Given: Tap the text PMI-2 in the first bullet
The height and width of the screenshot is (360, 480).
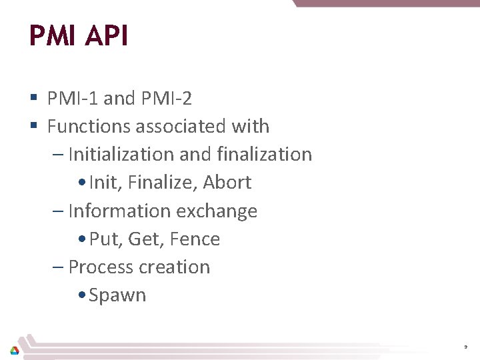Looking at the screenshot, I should point(166,99).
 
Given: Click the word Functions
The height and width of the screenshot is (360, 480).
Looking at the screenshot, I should point(89,126).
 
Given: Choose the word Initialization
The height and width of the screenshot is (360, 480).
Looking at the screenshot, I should point(121,154).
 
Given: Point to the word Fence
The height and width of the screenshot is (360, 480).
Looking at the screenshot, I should point(195,239).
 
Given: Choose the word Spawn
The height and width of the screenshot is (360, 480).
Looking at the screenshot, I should point(117,295).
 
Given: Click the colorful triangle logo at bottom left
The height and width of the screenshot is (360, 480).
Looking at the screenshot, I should point(14,349).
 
